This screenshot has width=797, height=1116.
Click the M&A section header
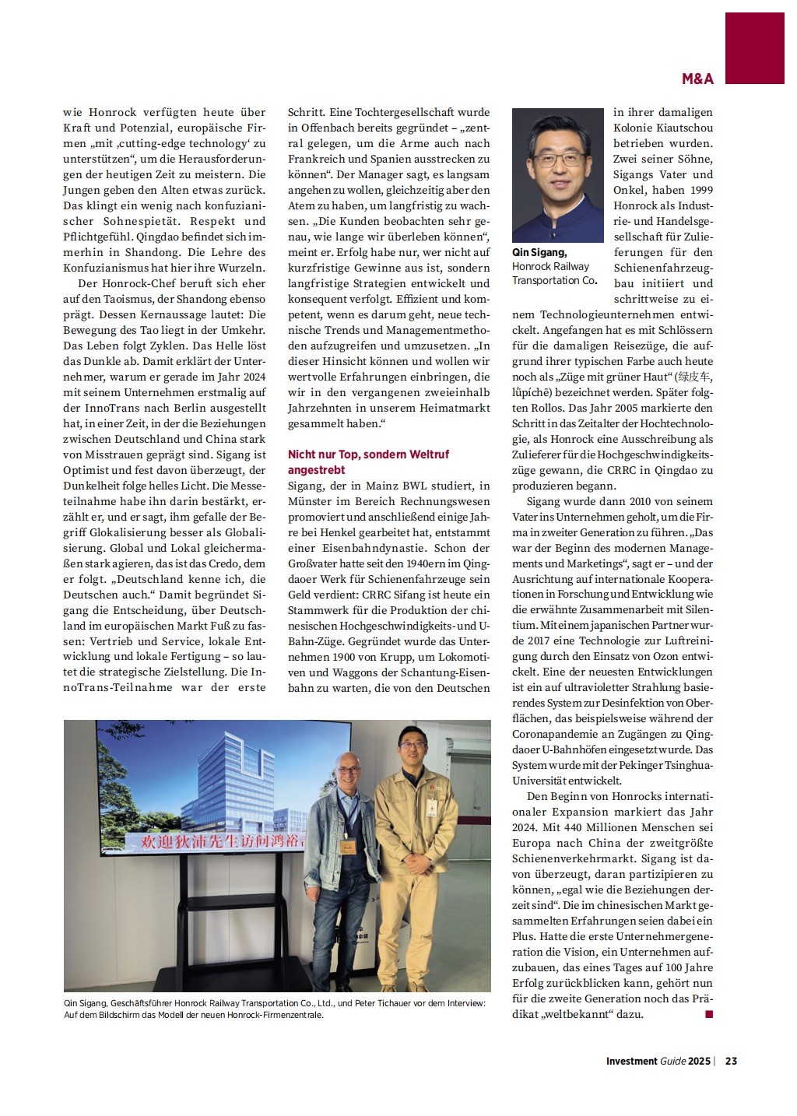[x=697, y=79]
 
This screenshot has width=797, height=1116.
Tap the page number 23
[x=732, y=1061]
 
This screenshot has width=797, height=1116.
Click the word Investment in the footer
[x=631, y=1061]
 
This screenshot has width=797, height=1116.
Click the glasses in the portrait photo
[x=557, y=160]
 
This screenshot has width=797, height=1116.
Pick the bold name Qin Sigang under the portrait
[x=539, y=252]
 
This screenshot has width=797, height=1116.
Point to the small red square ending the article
[x=708, y=1014]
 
